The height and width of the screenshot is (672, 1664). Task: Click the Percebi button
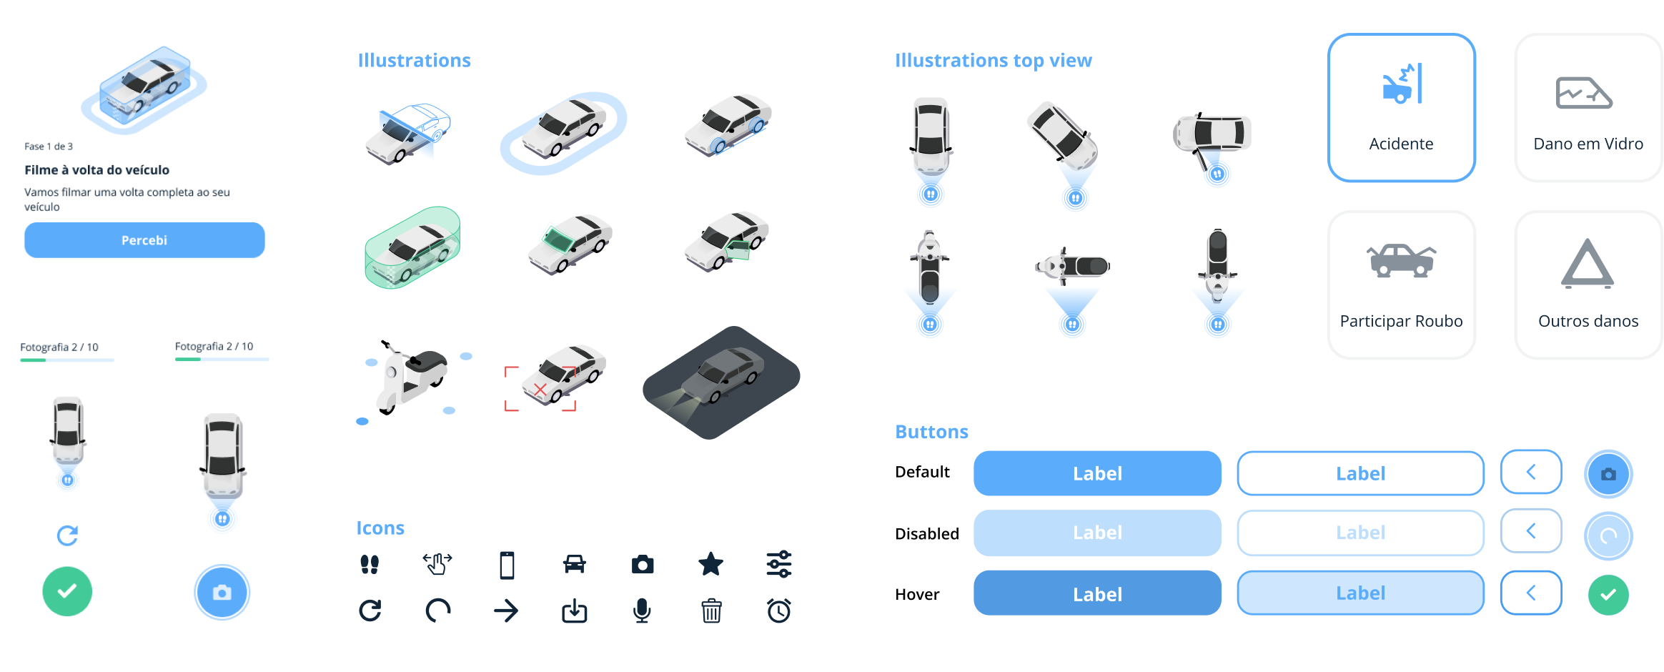[x=144, y=240]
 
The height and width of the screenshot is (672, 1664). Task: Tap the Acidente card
[x=1401, y=108]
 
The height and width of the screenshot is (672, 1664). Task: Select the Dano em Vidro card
[x=1588, y=108]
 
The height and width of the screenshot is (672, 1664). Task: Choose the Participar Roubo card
[x=1401, y=285]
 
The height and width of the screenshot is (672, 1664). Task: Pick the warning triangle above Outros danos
[x=1587, y=264]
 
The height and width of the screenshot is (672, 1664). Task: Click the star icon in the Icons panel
[x=710, y=564]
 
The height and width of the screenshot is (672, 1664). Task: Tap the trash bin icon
[x=711, y=611]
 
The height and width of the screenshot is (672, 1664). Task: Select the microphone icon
[x=642, y=611]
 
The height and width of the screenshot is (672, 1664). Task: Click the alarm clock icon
[x=779, y=611]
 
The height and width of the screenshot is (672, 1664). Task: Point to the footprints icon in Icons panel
[x=370, y=564]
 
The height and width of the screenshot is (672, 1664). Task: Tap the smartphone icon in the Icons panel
[x=507, y=565]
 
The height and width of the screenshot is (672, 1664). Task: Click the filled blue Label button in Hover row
[x=1097, y=593]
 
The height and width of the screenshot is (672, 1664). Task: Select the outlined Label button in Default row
[x=1360, y=473]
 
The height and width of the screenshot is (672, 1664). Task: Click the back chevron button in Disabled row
[x=1531, y=531]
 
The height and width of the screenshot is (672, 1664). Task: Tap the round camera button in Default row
[x=1608, y=474]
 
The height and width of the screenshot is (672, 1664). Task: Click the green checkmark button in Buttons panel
[x=1608, y=594]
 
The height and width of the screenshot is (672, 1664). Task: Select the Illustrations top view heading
[x=993, y=61]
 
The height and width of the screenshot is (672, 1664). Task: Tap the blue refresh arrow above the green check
[x=67, y=535]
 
